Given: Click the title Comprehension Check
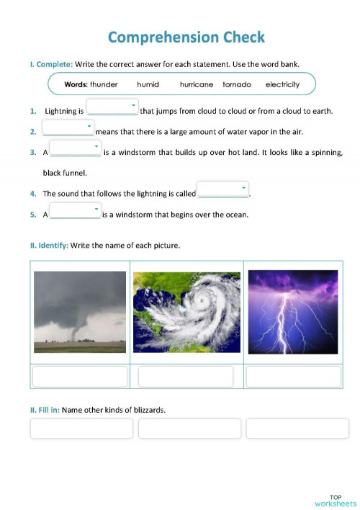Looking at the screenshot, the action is tap(186, 37).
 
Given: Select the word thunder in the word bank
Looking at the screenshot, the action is tap(104, 84).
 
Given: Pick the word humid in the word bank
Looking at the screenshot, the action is tap(148, 84).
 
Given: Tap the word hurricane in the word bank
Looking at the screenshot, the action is tap(197, 84).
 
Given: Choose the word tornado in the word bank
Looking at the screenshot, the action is tap(237, 84).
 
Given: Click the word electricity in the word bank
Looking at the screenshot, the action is tap(282, 84).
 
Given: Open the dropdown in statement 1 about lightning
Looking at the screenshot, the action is tap(112, 108).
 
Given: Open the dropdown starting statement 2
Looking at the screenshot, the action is tap(68, 128).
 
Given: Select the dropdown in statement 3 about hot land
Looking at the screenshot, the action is tap(76, 148).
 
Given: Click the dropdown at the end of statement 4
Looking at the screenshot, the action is tap(222, 189).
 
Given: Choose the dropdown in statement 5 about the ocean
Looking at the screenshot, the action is tap(76, 210).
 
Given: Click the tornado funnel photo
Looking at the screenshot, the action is tap(80, 311).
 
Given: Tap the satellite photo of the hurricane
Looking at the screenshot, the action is tap(185, 311).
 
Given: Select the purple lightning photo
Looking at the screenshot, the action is tap(292, 311).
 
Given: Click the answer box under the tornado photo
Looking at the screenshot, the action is tap(80, 377).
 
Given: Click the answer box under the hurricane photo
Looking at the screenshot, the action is tap(186, 377).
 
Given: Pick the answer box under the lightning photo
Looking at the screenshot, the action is tap(292, 377).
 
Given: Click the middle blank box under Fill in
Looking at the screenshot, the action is tap(189, 429).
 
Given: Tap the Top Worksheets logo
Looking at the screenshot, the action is tap(336, 500).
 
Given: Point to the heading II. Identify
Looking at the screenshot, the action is tap(49, 246).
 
